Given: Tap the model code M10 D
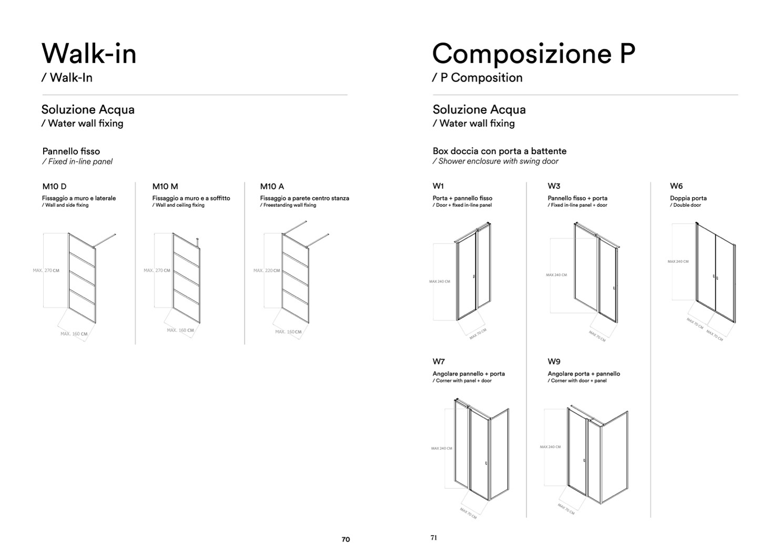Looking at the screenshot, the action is click(54, 187).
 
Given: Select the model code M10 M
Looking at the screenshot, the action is click(165, 187).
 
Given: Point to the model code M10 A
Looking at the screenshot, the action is click(272, 187).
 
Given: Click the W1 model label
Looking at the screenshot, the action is click(438, 186).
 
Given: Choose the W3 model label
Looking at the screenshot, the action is click(554, 186).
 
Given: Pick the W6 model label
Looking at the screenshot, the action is click(676, 186).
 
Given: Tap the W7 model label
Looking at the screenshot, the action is click(439, 362).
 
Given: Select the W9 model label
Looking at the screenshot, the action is click(554, 362).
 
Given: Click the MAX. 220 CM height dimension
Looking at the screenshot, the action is click(267, 270).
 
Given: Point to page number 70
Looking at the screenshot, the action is click(346, 539).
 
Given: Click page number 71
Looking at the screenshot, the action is click(434, 538).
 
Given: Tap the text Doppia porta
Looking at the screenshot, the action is click(688, 198).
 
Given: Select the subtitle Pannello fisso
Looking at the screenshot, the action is click(71, 151).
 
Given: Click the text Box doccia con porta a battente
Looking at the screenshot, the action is click(500, 151).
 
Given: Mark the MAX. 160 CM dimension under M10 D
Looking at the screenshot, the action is click(74, 334).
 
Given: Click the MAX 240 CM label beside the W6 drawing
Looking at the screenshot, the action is click(678, 261).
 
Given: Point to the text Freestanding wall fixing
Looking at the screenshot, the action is click(290, 205).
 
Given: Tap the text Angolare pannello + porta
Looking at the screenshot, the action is click(469, 374).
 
